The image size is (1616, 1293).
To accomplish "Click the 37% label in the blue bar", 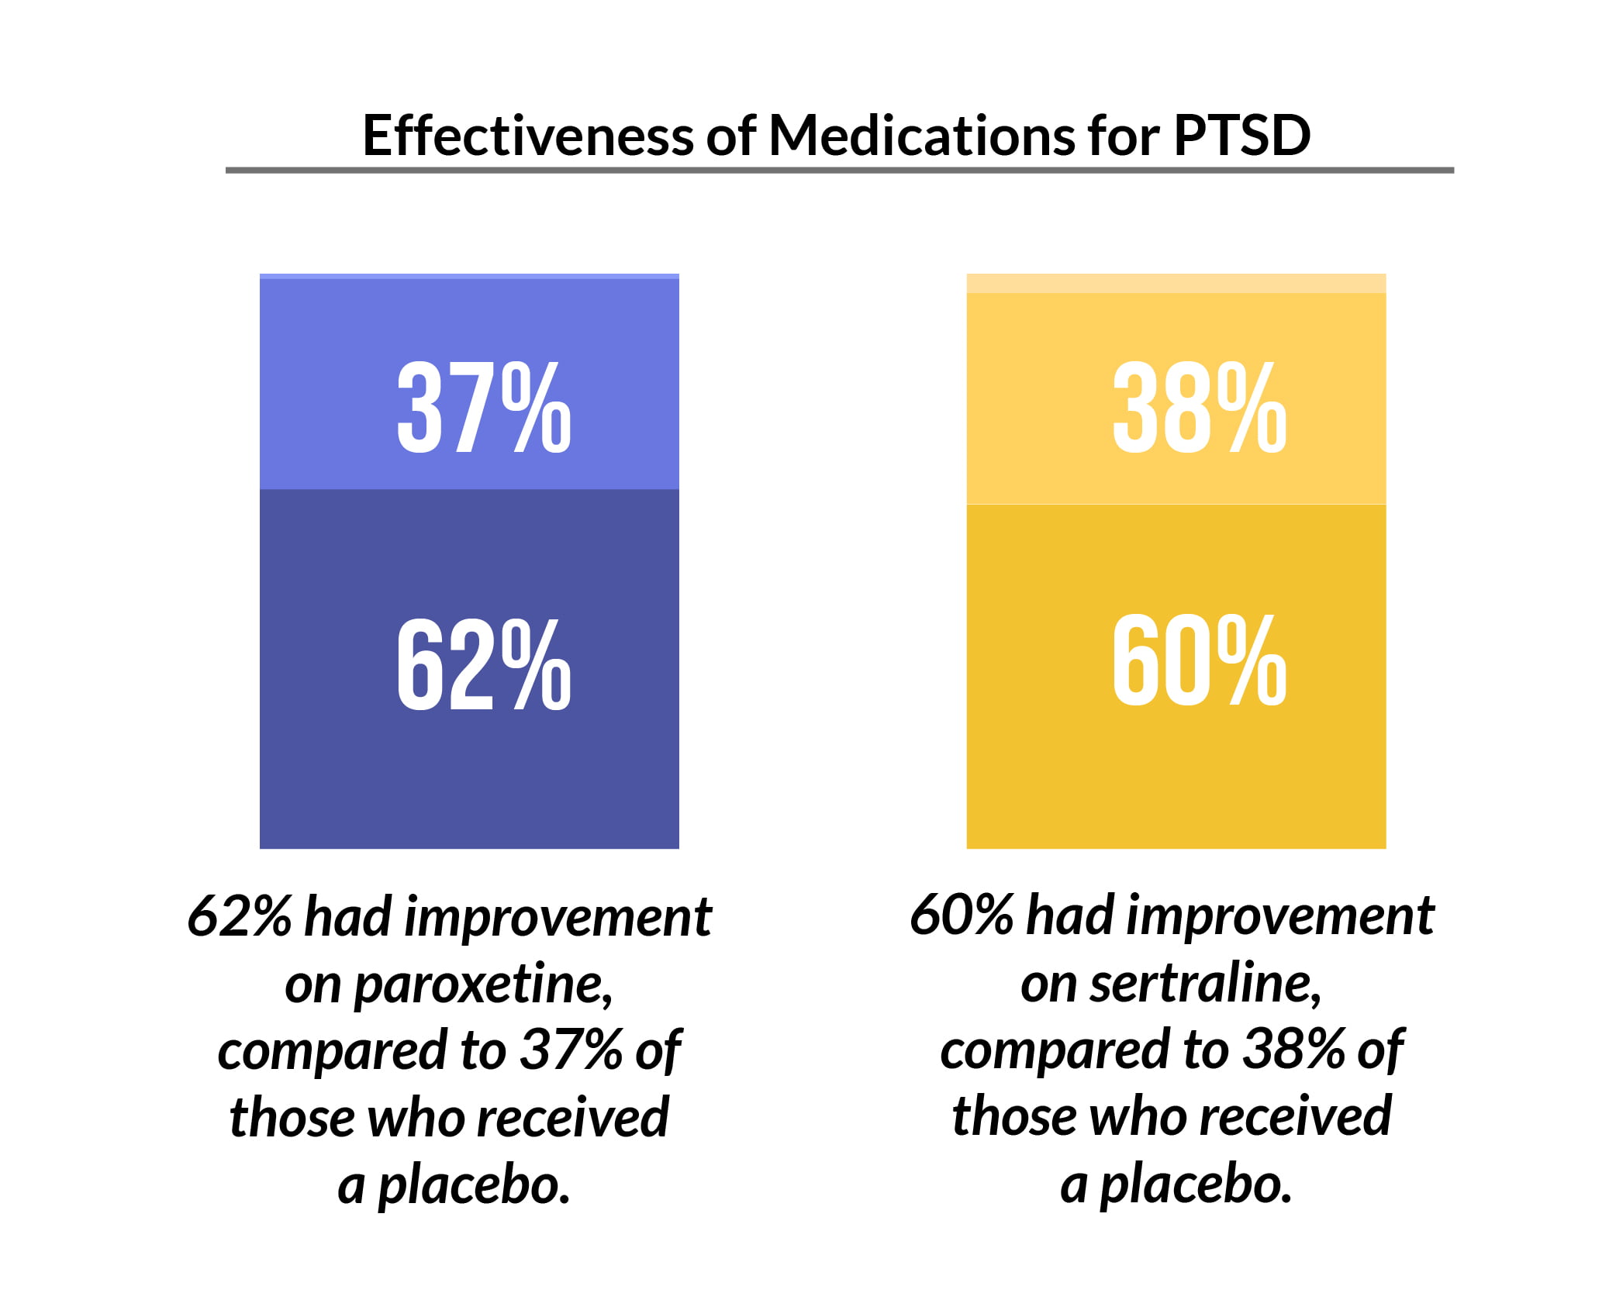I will coord(484,408).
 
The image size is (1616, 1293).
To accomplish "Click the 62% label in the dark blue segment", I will coord(484,664).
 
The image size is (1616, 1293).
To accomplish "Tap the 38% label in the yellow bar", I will coord(1199,408).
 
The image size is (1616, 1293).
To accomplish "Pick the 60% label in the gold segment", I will coord(1199,660).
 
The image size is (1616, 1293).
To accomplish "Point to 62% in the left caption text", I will coord(239,917).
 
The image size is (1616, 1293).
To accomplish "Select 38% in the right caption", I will coord(1293,1051).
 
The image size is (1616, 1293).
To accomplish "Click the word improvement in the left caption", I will coord(558,917).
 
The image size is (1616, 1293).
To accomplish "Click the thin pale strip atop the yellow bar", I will coord(1175,283).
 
